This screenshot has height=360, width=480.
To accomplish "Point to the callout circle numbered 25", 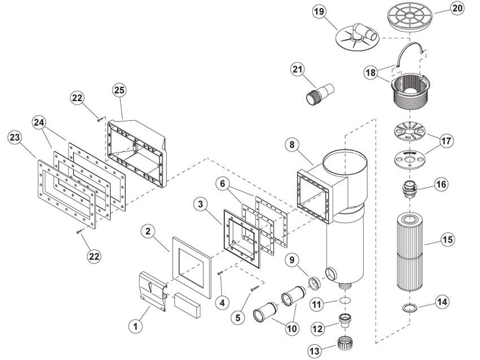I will click(x=119, y=90).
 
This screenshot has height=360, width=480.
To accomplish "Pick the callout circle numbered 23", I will click(x=16, y=137).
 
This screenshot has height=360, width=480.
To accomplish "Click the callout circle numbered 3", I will click(x=200, y=203).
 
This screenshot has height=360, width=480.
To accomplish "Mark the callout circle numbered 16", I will click(x=441, y=184).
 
